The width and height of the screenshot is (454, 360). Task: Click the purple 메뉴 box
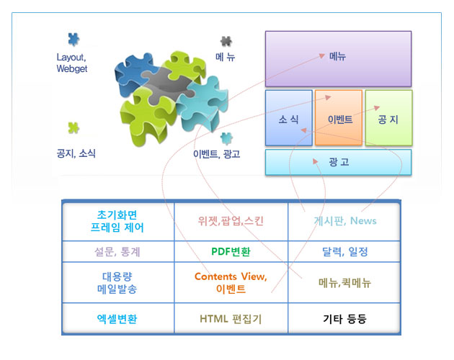[338, 59]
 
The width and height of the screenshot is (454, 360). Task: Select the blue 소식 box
[289, 118]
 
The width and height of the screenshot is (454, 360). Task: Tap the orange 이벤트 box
[339, 118]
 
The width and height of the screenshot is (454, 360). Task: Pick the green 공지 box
[388, 118]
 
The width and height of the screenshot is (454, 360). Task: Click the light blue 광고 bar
[338, 162]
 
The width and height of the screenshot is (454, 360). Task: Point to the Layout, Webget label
[72, 63]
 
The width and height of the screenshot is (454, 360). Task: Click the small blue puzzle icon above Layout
[74, 39]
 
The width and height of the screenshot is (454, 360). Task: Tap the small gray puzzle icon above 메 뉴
[226, 41]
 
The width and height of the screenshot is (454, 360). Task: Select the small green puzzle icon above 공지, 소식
[74, 127]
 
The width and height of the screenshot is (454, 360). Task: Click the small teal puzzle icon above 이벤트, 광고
[226, 138]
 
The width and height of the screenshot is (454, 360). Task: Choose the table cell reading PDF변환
[231, 251]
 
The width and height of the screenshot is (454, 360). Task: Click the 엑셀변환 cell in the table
[118, 318]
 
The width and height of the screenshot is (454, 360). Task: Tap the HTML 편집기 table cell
[231, 318]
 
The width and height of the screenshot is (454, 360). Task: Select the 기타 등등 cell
[344, 318]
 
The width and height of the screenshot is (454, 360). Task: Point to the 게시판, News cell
[344, 222]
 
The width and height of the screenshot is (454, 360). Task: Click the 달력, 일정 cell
[344, 251]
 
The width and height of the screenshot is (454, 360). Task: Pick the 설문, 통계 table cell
[118, 251]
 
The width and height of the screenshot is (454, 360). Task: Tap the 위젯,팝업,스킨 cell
[231, 222]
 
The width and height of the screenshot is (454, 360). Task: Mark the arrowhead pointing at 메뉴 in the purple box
[321, 55]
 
